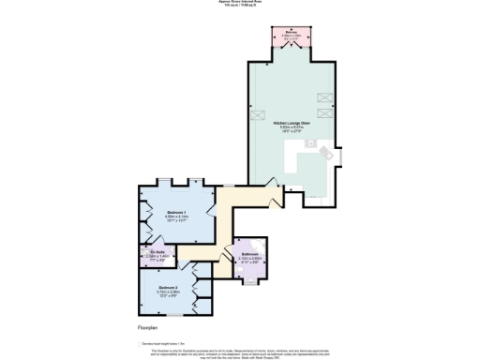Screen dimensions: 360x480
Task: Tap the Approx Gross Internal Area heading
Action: [x=240, y=3]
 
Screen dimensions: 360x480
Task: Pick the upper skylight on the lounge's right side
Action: [x=327, y=97]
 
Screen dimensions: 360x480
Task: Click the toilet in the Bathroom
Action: [x=250, y=277]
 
